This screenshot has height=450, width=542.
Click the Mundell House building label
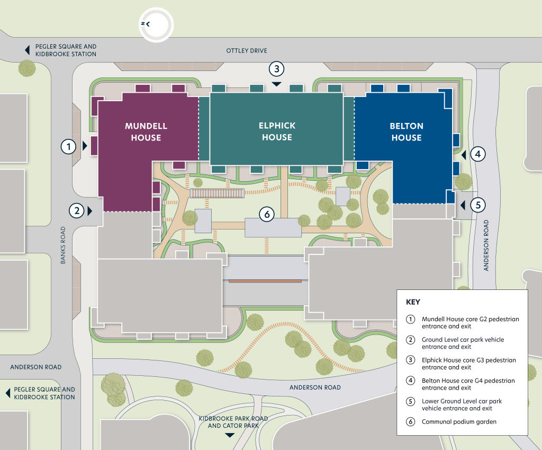(x=146, y=131)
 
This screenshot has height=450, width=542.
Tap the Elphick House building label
(x=277, y=131)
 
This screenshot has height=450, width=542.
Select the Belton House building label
(x=406, y=131)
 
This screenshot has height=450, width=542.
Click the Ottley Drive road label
(x=247, y=50)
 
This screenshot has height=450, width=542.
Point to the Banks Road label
(x=63, y=245)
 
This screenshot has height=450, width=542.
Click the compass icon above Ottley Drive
(x=156, y=24)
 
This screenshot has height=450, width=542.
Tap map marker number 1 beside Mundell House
(x=68, y=146)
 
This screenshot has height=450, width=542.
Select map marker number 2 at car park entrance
(x=77, y=210)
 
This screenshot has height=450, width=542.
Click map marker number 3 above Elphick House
(x=276, y=69)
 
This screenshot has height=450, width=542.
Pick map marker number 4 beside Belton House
(x=477, y=154)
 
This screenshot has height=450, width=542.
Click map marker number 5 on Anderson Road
(x=477, y=205)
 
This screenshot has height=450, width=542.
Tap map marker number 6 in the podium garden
(x=267, y=214)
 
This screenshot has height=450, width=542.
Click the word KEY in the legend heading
(x=413, y=302)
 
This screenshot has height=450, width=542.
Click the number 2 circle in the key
(x=410, y=340)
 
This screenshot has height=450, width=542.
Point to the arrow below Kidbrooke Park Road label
(x=229, y=435)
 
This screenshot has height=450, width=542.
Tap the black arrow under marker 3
(x=276, y=84)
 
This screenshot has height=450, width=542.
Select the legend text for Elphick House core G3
(x=468, y=364)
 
